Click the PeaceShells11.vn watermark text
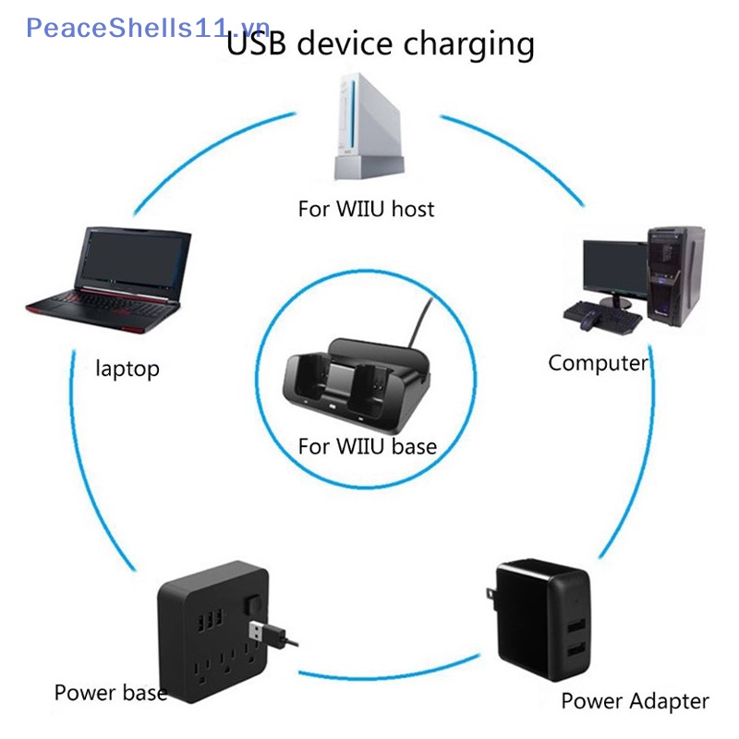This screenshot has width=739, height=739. [x=148, y=28]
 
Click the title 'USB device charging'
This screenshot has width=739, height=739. [x=381, y=43]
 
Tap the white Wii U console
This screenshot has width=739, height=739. [x=369, y=127]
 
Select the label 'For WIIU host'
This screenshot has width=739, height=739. [x=366, y=209]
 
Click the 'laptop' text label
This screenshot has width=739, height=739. [x=127, y=369]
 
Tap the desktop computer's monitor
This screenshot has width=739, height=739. [x=615, y=268]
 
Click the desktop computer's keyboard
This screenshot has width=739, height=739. [x=602, y=318]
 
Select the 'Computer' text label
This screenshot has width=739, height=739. [x=598, y=363]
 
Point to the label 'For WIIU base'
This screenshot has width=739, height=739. [x=368, y=446]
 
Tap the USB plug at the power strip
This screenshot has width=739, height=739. [x=267, y=633]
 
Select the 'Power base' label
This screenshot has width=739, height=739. [x=111, y=692]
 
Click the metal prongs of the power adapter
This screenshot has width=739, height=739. [x=492, y=599]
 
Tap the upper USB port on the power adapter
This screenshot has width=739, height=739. [x=576, y=626]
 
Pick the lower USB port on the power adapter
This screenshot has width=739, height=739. [x=576, y=651]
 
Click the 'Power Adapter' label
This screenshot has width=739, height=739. [x=635, y=701]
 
